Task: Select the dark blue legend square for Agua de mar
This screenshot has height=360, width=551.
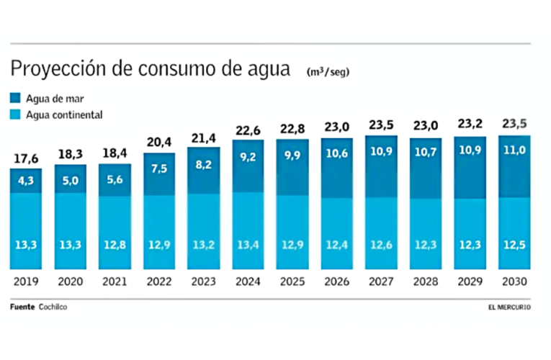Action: click(15, 99)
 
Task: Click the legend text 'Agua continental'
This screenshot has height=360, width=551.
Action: click(65, 114)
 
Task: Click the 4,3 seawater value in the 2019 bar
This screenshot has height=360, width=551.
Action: click(25, 180)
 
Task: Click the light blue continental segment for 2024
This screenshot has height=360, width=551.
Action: click(248, 230)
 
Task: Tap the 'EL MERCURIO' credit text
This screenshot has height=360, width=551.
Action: click(509, 308)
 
